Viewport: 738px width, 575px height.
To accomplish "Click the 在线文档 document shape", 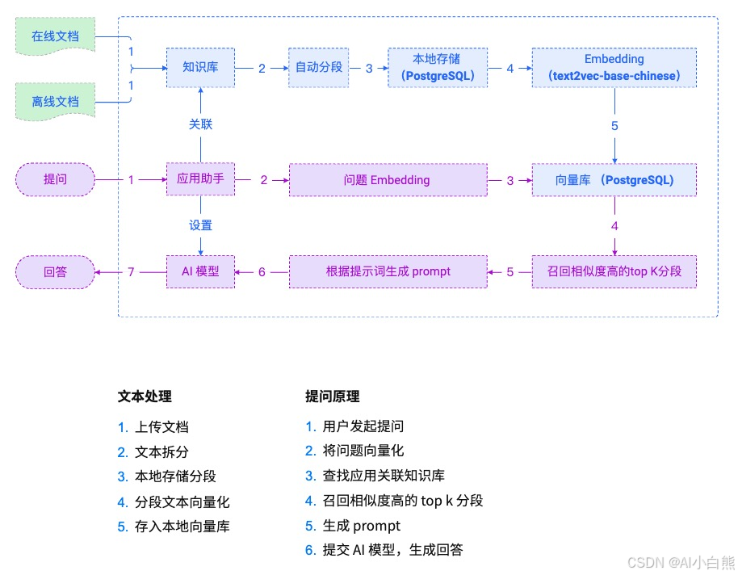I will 55,37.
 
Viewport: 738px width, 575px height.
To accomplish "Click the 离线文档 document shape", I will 55,102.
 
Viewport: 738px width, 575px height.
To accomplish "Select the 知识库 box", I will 200,68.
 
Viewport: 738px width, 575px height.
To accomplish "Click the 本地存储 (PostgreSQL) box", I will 438,68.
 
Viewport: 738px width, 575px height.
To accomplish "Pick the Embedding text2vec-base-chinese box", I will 614,68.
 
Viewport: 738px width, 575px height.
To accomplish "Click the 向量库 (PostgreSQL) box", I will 614,180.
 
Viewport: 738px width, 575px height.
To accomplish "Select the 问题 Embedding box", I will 388,180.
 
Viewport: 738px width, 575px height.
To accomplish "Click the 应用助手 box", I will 200,179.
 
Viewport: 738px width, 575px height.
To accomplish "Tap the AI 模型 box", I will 200,271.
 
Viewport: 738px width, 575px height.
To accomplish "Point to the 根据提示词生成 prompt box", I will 388,271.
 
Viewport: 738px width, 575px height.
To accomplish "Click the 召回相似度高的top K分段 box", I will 614,271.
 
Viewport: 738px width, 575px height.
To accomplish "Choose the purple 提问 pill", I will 55,180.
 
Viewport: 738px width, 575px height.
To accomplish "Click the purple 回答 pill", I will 55,271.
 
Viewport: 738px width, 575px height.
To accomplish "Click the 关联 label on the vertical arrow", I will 200,124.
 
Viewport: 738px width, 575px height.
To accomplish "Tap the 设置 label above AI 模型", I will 200,225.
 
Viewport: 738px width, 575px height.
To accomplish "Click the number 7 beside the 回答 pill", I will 131,271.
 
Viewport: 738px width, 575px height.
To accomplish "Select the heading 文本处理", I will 145,397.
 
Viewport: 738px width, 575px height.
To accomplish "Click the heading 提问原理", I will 332,397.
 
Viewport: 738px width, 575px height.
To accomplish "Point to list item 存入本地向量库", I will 182,526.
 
